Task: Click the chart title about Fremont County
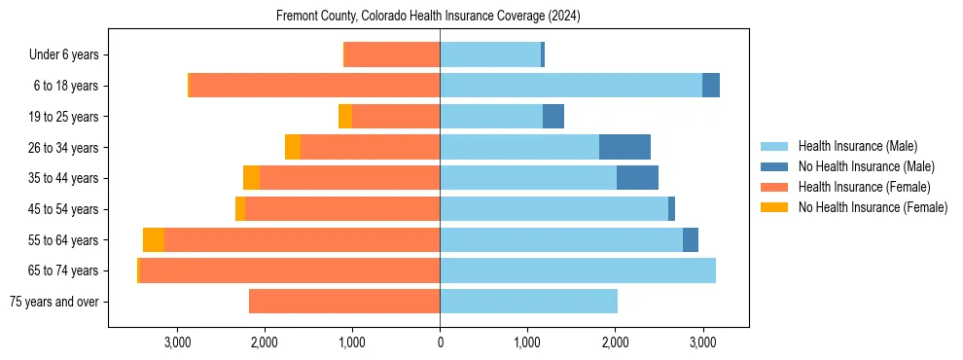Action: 428,17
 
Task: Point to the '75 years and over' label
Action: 53,302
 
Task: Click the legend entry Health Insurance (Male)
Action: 857,146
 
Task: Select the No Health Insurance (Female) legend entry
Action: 873,207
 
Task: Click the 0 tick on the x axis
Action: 440,342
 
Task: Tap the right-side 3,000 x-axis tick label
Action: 703,342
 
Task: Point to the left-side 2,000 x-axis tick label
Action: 265,342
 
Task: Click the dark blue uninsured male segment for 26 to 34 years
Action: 624,147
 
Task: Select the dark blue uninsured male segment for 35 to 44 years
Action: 637,178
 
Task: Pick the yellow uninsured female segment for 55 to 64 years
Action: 154,239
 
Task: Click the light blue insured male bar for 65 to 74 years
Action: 578,270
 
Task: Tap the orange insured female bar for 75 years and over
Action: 344,302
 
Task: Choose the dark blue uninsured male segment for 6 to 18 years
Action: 711,86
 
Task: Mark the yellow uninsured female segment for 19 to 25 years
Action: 345,117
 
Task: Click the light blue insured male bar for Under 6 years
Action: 490,55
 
